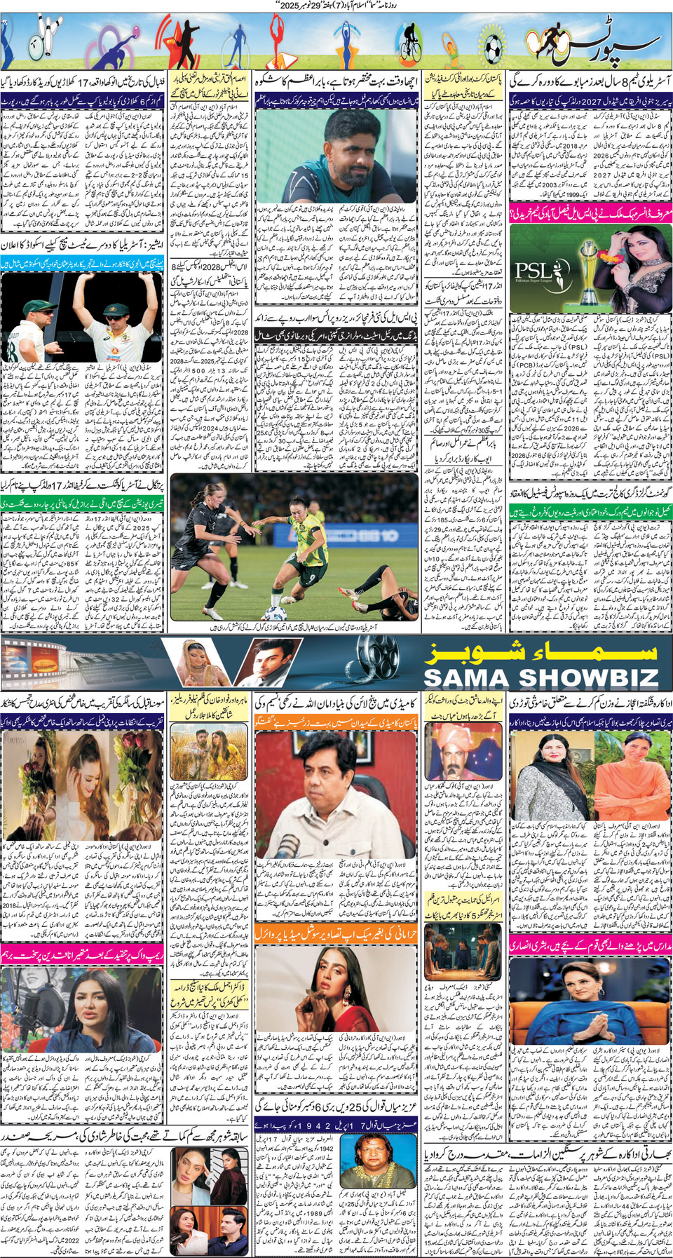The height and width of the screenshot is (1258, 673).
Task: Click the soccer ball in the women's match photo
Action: coord(272,613)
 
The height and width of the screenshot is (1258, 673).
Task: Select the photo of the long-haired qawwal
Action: coord(372,1157)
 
